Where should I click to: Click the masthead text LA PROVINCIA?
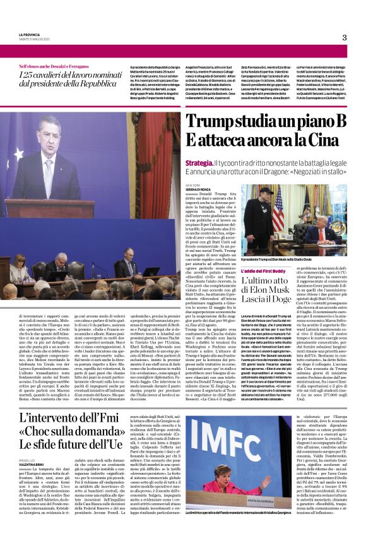point(31,34)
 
